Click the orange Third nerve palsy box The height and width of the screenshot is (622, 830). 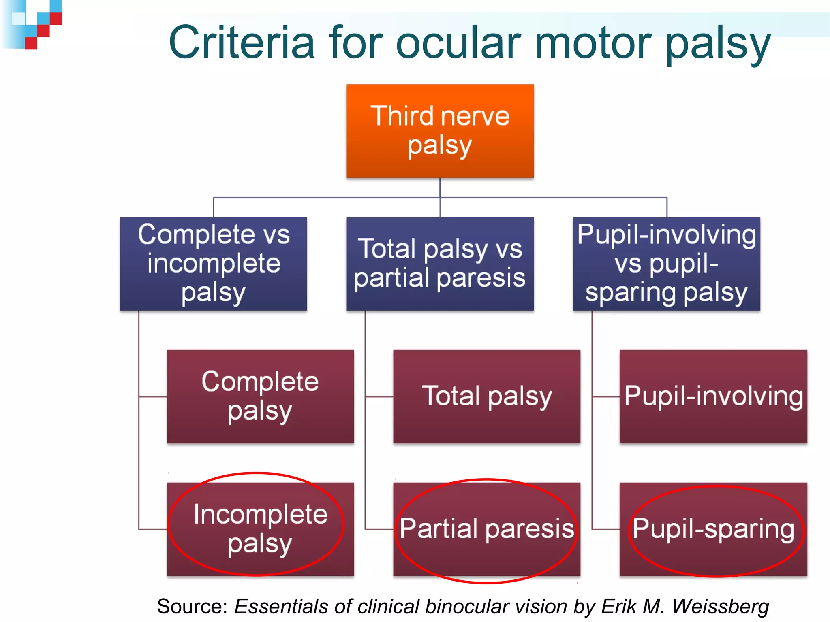[440, 131]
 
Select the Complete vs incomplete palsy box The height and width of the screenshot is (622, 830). [214, 264]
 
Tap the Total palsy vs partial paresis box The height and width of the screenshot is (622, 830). [440, 264]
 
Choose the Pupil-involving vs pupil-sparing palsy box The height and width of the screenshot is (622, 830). [666, 264]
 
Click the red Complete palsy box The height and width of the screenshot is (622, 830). [260, 396]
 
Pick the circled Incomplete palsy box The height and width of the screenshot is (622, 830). [260, 529]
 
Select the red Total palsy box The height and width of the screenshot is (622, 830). [487, 396]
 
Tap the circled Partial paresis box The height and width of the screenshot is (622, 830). [487, 529]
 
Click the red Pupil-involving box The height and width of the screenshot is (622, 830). [713, 396]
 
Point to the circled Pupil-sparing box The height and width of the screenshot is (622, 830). [713, 529]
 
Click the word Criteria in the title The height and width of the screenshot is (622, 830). [242, 43]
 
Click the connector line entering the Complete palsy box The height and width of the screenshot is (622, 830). [153, 397]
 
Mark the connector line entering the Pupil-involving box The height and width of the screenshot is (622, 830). [606, 397]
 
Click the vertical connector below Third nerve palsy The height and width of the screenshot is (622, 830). [440, 187]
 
